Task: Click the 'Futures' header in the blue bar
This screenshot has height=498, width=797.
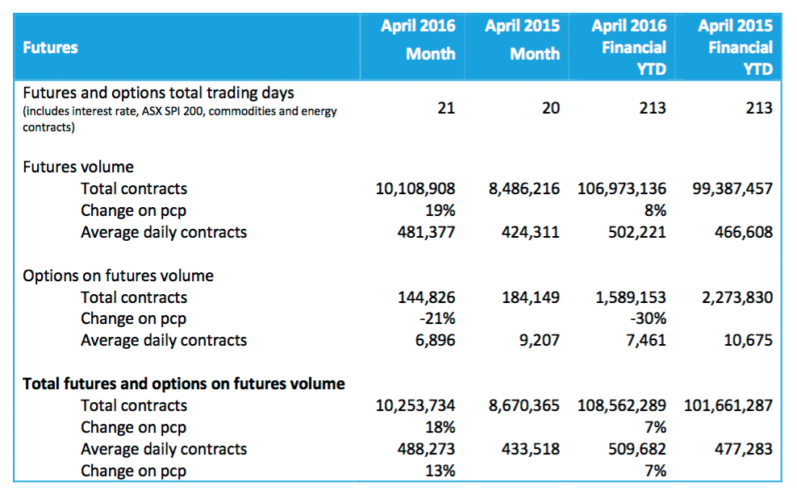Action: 50,48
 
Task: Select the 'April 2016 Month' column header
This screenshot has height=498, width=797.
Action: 419,40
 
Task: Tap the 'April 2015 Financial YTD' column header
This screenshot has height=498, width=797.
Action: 735,48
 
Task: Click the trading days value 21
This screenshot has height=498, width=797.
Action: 446,108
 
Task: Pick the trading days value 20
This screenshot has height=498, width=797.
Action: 550,108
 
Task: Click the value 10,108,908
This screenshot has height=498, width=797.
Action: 415,189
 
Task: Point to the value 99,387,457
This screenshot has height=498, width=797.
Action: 732,189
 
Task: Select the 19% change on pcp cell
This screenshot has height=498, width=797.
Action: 440,210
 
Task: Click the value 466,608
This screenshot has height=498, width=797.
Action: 744,232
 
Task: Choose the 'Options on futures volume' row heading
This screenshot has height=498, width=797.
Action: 118,276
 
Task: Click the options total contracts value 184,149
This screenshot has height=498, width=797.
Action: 530,297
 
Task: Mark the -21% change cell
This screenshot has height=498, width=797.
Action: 437,319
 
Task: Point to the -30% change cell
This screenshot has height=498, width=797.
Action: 649,319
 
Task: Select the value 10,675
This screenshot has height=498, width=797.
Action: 749,340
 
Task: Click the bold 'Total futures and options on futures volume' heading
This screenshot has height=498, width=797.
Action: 184,384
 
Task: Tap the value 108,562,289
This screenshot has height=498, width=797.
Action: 622,405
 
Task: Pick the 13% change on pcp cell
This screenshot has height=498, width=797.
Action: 440,471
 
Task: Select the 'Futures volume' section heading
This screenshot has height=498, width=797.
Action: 78,167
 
